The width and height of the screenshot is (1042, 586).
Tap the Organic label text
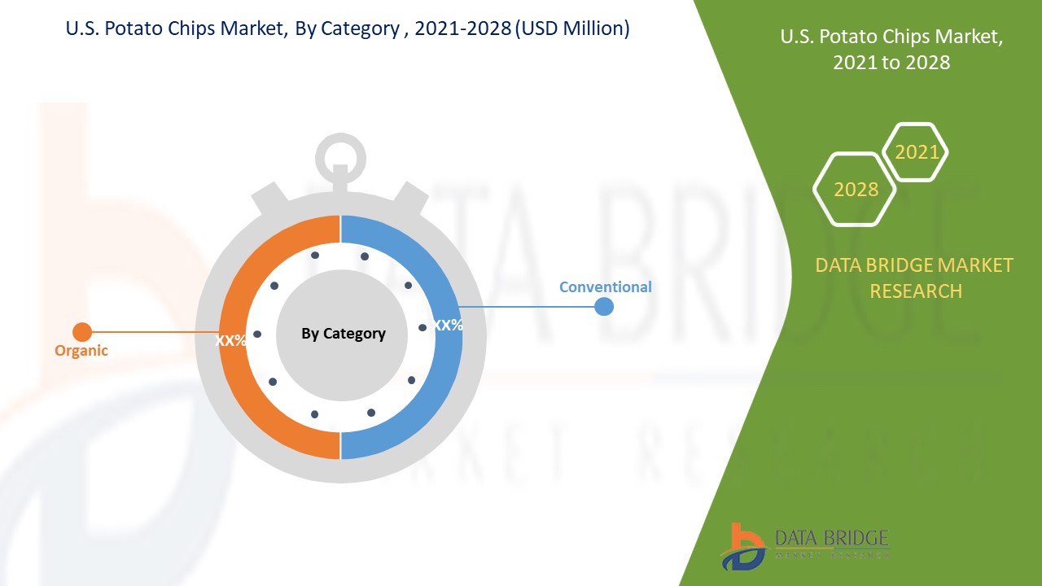pos(81,351)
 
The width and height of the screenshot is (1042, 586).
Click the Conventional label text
pos(605,287)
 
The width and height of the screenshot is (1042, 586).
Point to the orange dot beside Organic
pos(82,332)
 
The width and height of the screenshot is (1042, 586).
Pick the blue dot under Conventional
pos(604,307)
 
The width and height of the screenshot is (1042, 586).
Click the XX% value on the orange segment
pos(230,341)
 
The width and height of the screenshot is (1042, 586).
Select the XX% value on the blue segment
pos(448,325)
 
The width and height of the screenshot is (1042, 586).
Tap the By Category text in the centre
pos(344,334)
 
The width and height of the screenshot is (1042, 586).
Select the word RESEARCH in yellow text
pos(916,291)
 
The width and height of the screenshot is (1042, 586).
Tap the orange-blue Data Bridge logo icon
pos(742,547)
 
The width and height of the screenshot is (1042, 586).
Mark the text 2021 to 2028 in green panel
pos(891,63)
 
